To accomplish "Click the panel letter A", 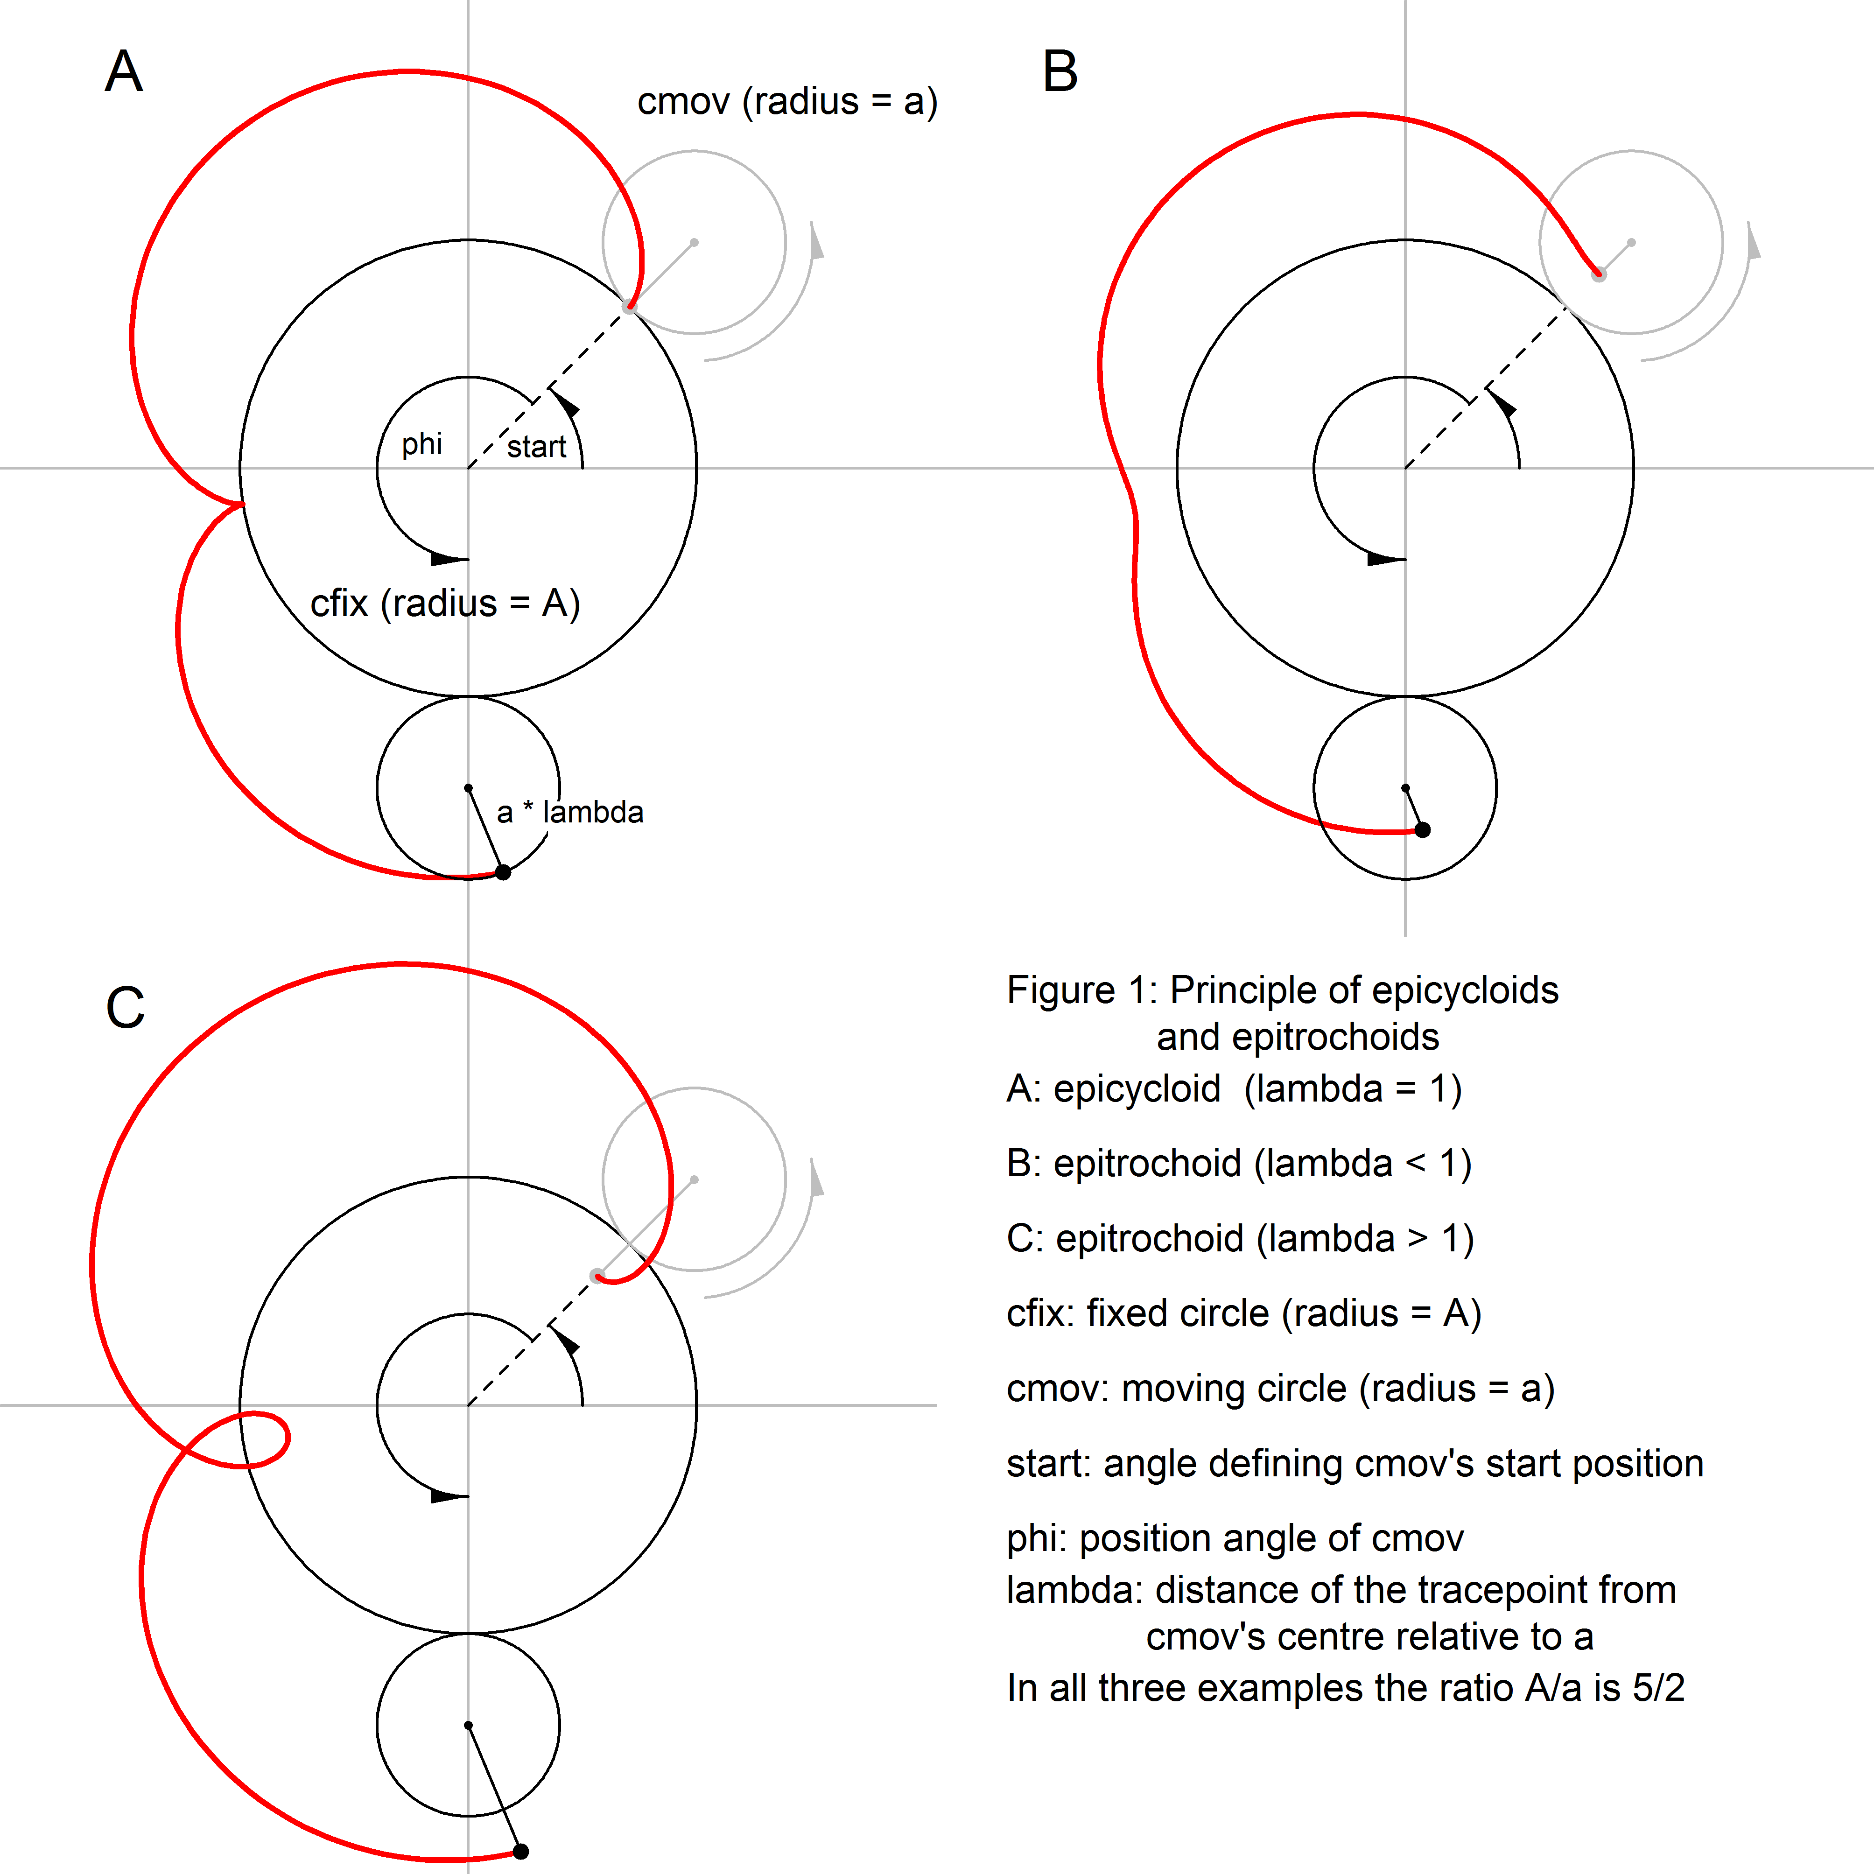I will (x=124, y=72).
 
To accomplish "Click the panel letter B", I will (x=1060, y=72).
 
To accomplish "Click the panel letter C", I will (x=125, y=1009).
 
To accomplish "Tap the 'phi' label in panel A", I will (x=422, y=444).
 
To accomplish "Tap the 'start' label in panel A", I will (x=536, y=447).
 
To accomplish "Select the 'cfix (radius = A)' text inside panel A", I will (x=445, y=604).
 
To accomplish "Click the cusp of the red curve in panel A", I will (x=241, y=505).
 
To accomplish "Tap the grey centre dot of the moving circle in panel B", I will (x=1631, y=243).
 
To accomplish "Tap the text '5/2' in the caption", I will (x=1659, y=1688).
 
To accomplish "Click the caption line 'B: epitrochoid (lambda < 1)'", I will (x=1239, y=1163).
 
